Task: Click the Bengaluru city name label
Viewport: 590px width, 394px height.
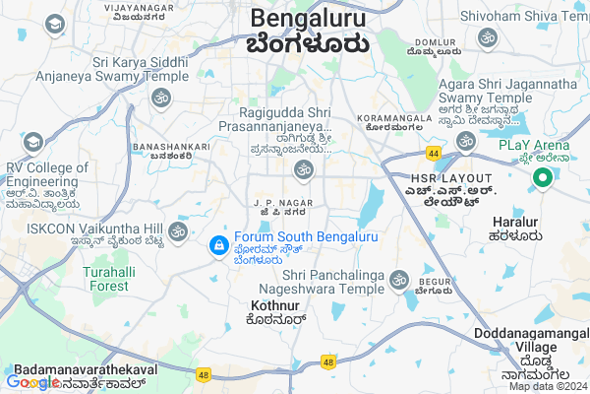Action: pos(308,19)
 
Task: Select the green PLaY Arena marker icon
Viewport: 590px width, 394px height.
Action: pos(540,177)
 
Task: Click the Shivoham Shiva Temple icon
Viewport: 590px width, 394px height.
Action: pos(486,37)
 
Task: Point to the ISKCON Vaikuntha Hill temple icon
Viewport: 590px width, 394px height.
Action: pos(177,230)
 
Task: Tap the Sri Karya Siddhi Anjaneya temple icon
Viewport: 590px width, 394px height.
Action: pos(161,98)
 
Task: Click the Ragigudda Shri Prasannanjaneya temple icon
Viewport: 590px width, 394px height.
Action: pos(303,170)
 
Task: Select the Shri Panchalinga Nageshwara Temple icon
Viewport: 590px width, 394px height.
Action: pos(399,279)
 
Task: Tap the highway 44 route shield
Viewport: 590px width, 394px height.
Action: pos(433,153)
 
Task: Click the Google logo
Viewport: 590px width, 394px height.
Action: pos(32,381)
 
